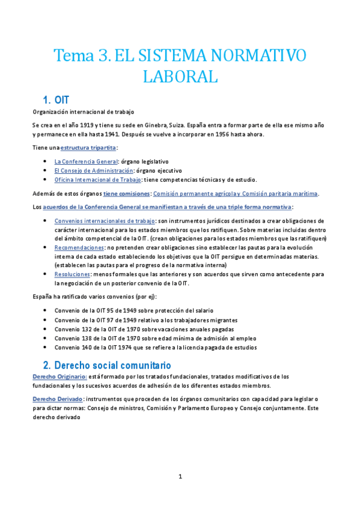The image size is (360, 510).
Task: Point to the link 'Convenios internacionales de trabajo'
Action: [x=105, y=221]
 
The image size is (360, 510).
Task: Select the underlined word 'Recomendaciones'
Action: [x=79, y=247]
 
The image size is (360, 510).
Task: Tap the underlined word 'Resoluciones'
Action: [x=73, y=274]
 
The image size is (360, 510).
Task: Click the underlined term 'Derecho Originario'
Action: [x=59, y=376]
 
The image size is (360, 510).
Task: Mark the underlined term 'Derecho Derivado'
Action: [x=58, y=399]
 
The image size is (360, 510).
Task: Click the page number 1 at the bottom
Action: [x=180, y=476]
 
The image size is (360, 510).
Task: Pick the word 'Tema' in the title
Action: [x=75, y=56]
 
